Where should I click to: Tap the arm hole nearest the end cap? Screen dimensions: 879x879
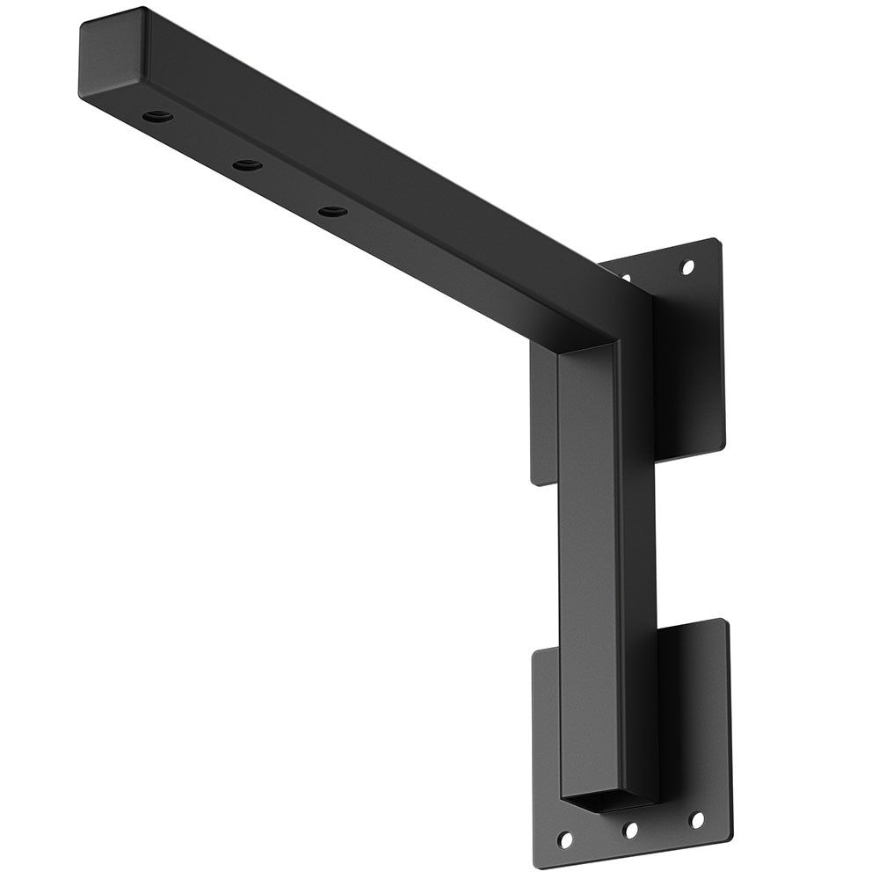(x=158, y=116)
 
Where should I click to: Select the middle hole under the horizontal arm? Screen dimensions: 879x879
(x=246, y=164)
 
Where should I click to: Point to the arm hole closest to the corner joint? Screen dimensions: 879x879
(x=331, y=211)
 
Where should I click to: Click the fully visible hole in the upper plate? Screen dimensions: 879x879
(x=687, y=265)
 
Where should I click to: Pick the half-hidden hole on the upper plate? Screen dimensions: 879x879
(x=626, y=278)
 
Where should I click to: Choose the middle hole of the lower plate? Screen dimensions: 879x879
(x=629, y=829)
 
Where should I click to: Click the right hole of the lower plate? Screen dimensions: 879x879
(x=696, y=820)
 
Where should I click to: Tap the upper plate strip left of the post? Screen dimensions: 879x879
(x=544, y=413)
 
